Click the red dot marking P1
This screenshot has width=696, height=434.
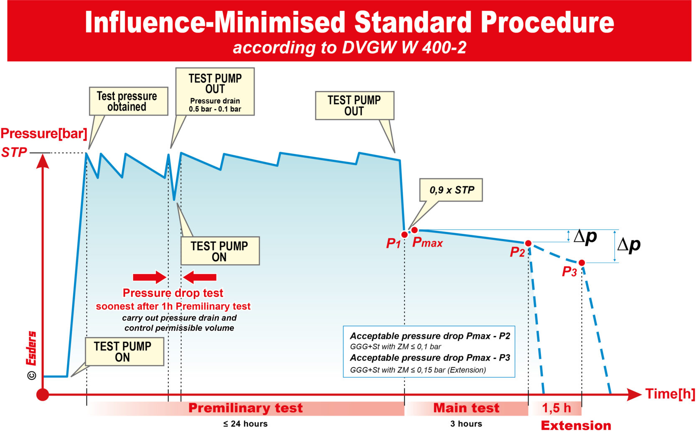pos(404,235)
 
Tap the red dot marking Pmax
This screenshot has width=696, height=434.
pos(414,230)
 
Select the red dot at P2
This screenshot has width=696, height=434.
pos(528,243)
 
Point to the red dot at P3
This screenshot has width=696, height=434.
pos(582,262)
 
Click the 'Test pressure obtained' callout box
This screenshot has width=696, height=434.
pos(128,101)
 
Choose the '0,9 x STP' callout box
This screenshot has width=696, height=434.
pos(451,190)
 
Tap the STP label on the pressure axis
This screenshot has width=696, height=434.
pos(14,152)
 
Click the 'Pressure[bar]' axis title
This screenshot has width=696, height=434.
pos(44,134)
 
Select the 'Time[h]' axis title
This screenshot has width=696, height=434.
pos(670,394)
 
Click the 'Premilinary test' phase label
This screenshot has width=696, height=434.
pos(245,408)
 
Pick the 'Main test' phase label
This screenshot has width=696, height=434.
pos(466,408)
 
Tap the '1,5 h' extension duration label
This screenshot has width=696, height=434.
pos(556,408)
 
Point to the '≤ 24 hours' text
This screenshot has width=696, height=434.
pos(245,424)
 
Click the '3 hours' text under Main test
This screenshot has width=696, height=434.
pos(466,424)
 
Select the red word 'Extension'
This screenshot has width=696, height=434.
pos(576,426)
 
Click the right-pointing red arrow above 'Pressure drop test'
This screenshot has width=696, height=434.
pos(150,277)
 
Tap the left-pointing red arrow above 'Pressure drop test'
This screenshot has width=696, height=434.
pos(200,277)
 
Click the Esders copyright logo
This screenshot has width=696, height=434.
pos(32,355)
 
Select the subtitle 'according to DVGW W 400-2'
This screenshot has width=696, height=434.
pos(349,48)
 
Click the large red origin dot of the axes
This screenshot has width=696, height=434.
pos(43,394)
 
